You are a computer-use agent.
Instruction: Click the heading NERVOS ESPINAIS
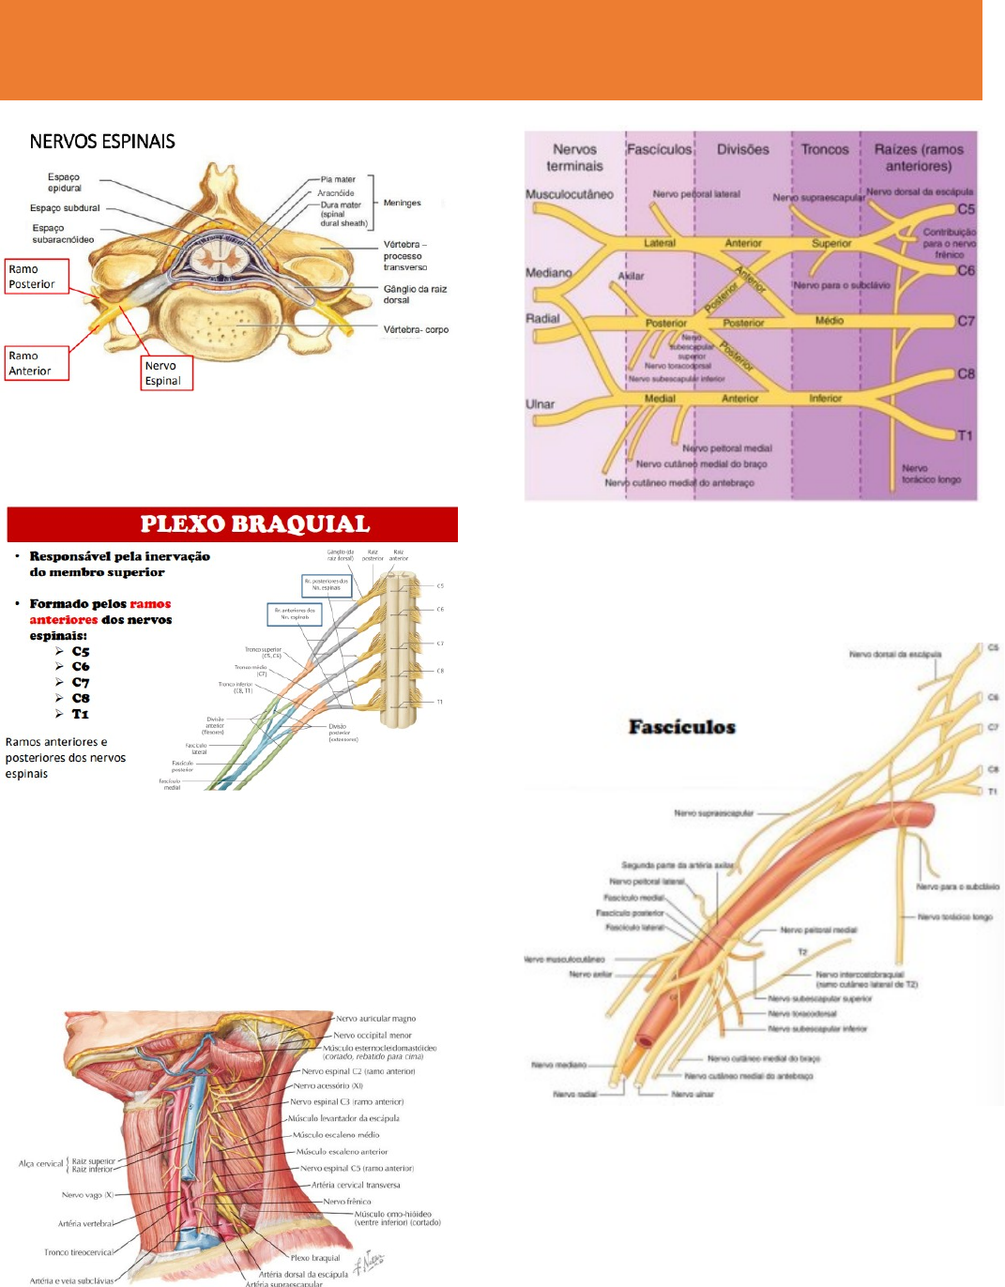coord(102,142)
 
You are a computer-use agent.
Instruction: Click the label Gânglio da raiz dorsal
coord(414,295)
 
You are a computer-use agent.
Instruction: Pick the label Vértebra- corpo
coord(416,330)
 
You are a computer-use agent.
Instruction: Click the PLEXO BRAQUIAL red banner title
coord(255,524)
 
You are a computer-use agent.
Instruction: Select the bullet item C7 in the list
coord(81,683)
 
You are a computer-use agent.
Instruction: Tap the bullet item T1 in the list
coord(81,714)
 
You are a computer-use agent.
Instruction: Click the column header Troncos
coord(825,149)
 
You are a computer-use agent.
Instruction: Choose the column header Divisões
coord(742,149)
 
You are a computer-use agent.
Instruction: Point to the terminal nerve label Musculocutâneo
coord(570,195)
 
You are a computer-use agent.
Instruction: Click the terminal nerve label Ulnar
coord(541,404)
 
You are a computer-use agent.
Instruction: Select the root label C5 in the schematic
coord(966,209)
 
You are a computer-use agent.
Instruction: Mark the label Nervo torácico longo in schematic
coord(931,474)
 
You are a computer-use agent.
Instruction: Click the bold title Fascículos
coord(682,727)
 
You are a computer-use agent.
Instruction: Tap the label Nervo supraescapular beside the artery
coord(713,813)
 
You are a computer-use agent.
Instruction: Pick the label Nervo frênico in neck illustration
coord(347,1202)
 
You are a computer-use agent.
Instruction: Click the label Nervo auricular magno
coord(375,1019)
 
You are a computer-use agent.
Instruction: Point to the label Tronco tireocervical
coord(79,1252)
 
